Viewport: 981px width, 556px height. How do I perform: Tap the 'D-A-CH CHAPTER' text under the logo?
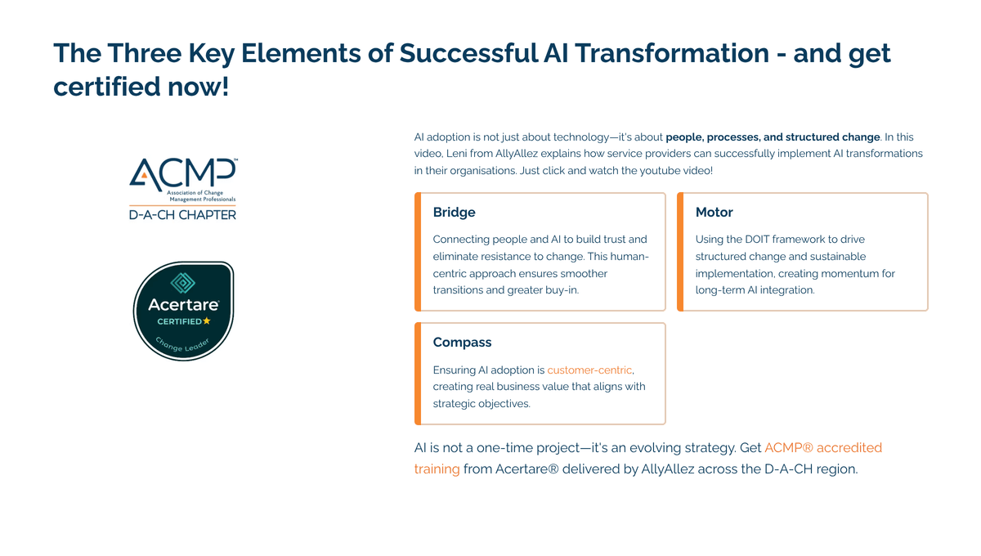[x=182, y=215]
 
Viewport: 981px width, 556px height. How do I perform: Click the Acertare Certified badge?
[x=183, y=311]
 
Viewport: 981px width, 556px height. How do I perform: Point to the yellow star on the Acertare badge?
[x=207, y=321]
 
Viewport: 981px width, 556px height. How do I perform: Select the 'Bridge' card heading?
[x=455, y=212]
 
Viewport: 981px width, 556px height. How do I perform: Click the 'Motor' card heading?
[x=714, y=212]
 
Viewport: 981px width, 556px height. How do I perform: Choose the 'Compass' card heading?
[x=462, y=343]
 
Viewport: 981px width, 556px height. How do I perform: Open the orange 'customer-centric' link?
[x=589, y=370]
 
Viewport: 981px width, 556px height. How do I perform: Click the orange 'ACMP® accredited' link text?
[x=823, y=448]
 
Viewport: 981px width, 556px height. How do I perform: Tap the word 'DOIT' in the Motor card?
[x=757, y=240]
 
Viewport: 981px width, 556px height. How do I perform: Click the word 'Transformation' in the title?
[x=672, y=53]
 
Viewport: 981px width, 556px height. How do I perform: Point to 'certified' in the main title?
[x=107, y=87]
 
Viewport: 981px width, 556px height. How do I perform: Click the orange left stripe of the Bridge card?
[x=418, y=252]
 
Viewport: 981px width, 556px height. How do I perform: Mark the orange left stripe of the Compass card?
[x=418, y=374]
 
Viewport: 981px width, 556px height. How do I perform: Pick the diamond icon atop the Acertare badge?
[x=182, y=283]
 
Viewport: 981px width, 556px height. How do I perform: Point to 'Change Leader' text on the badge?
[x=182, y=345]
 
